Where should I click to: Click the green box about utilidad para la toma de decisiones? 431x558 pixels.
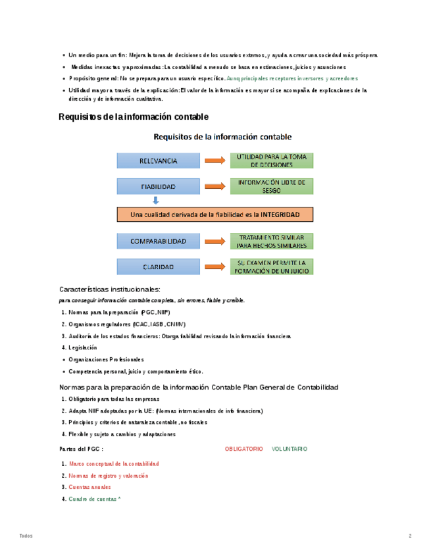[x=271, y=161]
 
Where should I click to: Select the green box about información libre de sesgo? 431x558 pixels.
[x=271, y=186]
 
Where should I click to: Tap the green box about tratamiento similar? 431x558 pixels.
[x=271, y=241]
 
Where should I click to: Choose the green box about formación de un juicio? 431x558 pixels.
[x=271, y=266]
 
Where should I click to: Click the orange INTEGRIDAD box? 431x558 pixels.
[x=215, y=215]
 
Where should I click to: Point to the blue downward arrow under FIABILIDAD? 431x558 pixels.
[x=155, y=201]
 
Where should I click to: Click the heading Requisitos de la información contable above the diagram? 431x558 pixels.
[x=134, y=116]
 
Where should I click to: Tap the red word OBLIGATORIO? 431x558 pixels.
[x=243, y=449]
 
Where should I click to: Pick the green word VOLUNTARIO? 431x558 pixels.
[x=289, y=449]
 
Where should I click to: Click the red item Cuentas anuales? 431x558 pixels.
[x=89, y=488]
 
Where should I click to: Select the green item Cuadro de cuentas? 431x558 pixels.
[x=94, y=499]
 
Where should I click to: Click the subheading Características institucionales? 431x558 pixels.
[x=109, y=289]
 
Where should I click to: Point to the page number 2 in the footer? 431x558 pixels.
[x=410, y=536]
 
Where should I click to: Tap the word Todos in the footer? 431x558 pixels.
[x=26, y=536]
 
